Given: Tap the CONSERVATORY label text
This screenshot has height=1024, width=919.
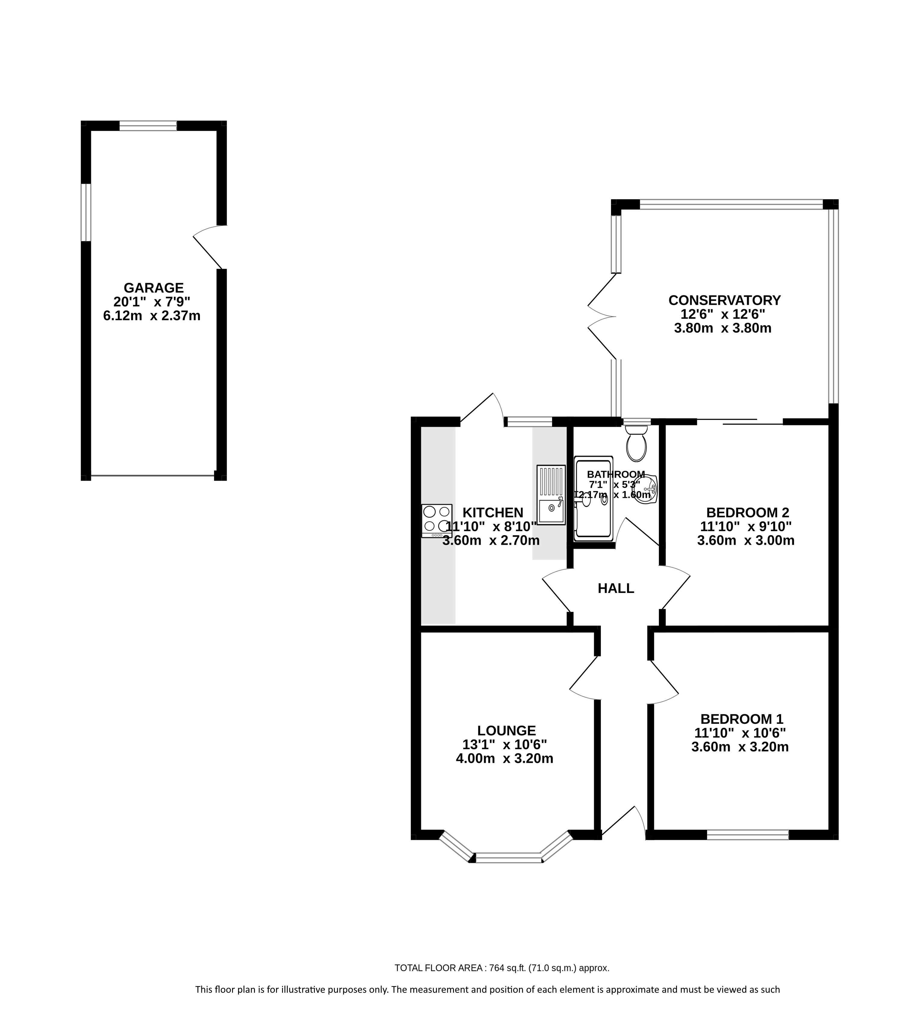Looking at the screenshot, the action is point(725,300).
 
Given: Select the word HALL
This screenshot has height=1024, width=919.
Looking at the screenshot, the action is point(616,588).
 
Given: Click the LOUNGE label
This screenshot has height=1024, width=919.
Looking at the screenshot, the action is point(507,730).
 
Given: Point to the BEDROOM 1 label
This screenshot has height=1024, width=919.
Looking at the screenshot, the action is point(742,719).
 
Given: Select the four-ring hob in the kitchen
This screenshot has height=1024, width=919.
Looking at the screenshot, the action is point(437,521).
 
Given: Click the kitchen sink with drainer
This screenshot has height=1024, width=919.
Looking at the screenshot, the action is point(551,495).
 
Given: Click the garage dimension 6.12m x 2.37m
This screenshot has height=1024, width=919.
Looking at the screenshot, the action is point(152,316).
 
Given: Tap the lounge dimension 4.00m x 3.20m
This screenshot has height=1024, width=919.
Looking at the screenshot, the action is point(505,759).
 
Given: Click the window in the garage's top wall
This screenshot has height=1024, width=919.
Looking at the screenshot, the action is point(148,126).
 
